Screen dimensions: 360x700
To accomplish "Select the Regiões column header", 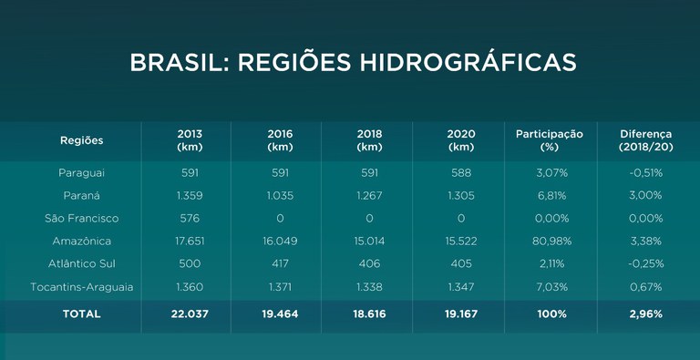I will [x=82, y=140].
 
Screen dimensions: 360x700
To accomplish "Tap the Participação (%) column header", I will [x=549, y=140].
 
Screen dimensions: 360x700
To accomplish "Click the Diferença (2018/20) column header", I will [x=645, y=140].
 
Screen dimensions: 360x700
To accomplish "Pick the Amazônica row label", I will [x=82, y=242].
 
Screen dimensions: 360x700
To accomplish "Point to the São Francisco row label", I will [x=82, y=218].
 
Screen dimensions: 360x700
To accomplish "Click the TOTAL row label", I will [x=82, y=314].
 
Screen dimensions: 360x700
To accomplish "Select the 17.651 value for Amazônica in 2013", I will [x=190, y=242].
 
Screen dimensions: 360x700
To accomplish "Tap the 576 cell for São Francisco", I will [x=190, y=218].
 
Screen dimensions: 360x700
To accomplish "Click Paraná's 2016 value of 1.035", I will [x=280, y=195].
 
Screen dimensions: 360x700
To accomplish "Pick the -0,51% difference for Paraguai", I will [x=645, y=172].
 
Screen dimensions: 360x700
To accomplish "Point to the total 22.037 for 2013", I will [x=190, y=314].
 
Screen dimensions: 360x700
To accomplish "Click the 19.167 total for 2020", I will [x=461, y=314].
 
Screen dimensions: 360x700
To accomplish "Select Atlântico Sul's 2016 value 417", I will [x=280, y=264].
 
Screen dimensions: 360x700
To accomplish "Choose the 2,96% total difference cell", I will [x=645, y=314].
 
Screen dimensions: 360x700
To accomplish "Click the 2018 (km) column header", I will [x=370, y=140].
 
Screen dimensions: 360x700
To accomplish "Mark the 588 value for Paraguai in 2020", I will [x=461, y=172].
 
